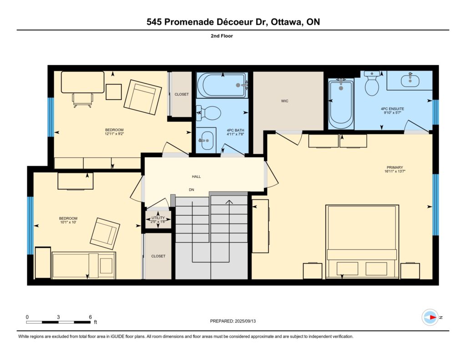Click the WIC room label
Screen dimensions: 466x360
point(284,101)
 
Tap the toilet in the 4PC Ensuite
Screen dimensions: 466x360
point(372,83)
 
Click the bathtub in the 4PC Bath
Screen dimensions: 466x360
point(222,85)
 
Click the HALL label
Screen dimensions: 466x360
point(196,177)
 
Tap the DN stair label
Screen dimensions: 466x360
point(192,190)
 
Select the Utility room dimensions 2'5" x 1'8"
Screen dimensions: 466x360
point(158,222)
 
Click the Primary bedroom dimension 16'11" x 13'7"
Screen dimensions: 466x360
point(395,171)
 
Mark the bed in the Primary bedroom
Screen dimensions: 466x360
point(362,242)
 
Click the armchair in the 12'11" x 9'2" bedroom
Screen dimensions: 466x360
point(142,97)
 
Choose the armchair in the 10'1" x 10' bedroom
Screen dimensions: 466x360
point(105,233)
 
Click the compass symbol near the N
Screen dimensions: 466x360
point(430,318)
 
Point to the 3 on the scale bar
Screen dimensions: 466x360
point(58,317)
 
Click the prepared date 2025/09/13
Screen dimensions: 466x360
point(245,321)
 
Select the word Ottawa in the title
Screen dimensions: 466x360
point(287,22)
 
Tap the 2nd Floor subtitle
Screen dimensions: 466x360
point(222,36)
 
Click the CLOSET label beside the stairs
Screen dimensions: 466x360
point(158,256)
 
